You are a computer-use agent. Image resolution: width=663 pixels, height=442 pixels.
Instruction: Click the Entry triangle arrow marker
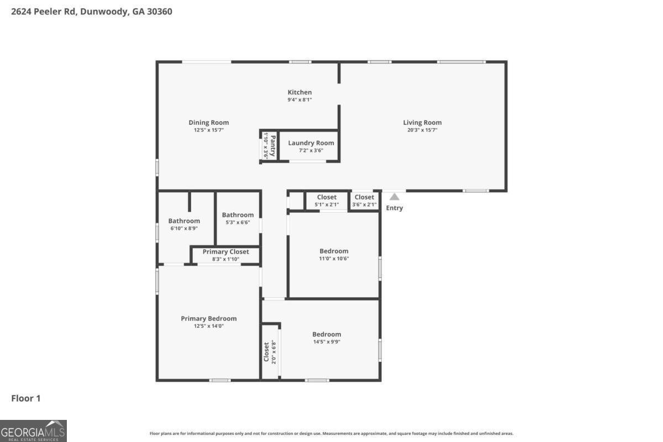click(x=394, y=196)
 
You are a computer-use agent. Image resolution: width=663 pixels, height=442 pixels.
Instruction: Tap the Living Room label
click(x=422, y=123)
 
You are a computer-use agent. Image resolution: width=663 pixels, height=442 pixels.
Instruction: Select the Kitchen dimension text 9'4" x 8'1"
click(x=299, y=100)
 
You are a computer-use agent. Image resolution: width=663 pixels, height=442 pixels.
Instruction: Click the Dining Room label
click(x=208, y=123)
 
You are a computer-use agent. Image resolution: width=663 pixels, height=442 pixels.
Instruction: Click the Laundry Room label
click(x=311, y=143)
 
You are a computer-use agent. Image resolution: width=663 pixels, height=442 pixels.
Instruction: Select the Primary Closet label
click(x=225, y=251)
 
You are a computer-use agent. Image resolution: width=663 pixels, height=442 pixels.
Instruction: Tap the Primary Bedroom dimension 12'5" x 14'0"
click(x=208, y=326)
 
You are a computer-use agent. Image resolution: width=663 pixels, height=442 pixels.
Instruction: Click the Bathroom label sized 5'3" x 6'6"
click(x=238, y=215)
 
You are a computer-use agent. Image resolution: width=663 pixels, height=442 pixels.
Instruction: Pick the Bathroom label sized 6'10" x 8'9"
click(x=184, y=221)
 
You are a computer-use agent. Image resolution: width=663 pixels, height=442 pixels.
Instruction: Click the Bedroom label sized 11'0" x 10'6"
click(x=334, y=251)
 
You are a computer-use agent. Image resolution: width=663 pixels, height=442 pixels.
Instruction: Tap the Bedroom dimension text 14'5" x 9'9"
click(x=327, y=341)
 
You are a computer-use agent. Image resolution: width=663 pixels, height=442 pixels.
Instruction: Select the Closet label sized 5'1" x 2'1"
click(x=327, y=197)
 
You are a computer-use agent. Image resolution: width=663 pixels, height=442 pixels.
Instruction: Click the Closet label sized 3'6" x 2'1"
click(x=364, y=197)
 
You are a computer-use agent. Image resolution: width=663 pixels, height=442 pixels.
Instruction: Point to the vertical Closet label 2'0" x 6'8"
click(x=266, y=351)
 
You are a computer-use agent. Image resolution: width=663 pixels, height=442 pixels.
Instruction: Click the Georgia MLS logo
click(x=33, y=430)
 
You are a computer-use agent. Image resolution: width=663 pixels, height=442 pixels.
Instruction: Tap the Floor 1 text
click(x=26, y=398)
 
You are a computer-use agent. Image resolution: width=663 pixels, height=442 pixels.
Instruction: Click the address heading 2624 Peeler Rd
click(x=91, y=11)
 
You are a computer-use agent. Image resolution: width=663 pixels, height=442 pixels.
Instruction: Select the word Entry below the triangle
click(x=394, y=208)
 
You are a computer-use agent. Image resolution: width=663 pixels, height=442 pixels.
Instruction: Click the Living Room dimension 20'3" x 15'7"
click(x=422, y=130)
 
